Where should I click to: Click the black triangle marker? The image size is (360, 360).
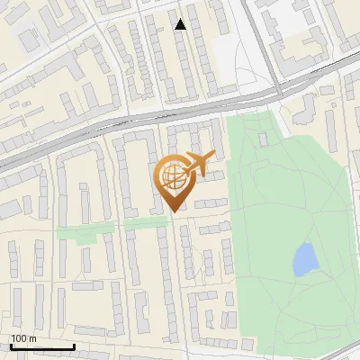[181, 24]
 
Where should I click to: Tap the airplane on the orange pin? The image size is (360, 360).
[200, 163]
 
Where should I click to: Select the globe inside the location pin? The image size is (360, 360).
[172, 175]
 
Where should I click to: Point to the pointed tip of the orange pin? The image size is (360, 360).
[172, 211]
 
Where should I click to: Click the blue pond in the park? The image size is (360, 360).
[305, 259]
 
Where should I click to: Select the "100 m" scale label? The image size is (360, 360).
[23, 338]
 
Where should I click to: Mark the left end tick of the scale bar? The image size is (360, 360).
[11, 345]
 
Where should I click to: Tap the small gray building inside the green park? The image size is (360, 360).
[263, 139]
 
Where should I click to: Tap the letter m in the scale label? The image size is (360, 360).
[32, 338]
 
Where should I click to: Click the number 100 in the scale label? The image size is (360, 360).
[19, 338]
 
